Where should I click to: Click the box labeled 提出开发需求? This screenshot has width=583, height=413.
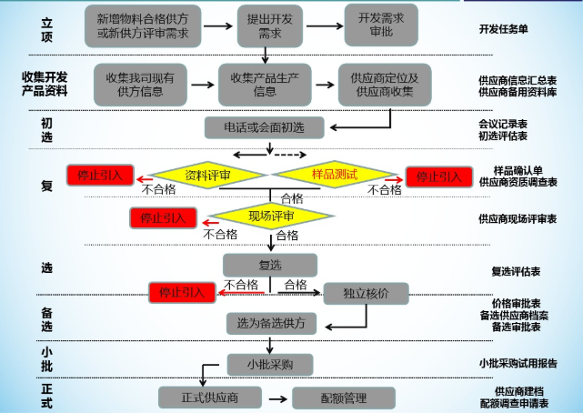point(270,25)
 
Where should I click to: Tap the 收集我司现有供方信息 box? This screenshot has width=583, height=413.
point(141,84)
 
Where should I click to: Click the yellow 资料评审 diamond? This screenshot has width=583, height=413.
point(207,175)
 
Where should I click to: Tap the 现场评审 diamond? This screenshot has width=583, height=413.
point(271,217)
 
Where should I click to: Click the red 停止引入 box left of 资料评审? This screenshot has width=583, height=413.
point(100,175)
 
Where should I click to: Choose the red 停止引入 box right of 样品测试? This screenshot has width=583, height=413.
point(438,176)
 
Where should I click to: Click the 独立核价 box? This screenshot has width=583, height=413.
point(366,293)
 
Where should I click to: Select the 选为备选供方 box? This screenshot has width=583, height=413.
point(271,323)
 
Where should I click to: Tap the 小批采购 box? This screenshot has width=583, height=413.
point(270,365)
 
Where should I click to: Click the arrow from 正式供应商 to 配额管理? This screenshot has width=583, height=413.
point(277,398)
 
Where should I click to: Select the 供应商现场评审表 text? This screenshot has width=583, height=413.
point(518,219)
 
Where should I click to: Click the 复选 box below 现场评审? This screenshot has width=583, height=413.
point(270,265)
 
